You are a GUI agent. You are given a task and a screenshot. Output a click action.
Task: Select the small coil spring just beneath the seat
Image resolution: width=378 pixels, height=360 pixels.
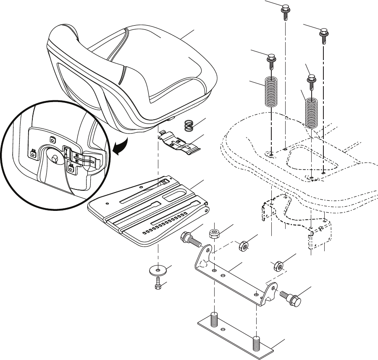190,126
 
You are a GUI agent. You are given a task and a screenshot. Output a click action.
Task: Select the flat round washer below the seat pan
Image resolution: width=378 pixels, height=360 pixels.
159,269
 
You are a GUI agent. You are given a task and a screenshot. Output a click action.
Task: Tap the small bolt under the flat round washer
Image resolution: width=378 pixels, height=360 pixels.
158,284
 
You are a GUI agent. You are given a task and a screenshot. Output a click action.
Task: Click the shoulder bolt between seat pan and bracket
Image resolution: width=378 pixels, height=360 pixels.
190,240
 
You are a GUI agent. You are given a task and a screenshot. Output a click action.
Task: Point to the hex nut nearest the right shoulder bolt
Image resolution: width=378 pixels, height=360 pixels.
278,265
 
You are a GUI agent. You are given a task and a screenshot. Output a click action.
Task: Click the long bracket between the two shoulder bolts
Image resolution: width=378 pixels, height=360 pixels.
235,279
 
